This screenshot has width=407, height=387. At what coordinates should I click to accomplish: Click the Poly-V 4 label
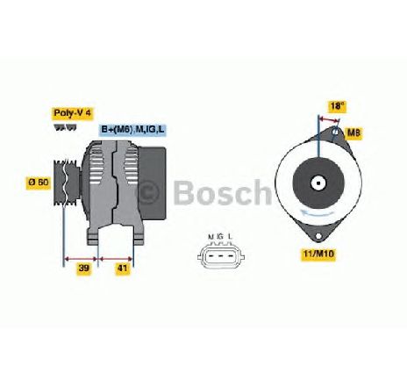click(x=73, y=113)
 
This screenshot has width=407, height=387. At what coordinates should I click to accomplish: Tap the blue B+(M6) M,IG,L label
click(x=132, y=130)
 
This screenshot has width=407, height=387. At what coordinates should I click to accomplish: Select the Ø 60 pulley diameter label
click(x=39, y=183)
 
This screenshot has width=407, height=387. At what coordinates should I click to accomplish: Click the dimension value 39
click(x=84, y=268)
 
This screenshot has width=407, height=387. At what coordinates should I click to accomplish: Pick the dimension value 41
click(x=123, y=268)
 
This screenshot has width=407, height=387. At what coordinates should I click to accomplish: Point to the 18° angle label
click(x=337, y=106)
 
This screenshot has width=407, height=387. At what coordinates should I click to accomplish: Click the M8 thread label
click(x=353, y=133)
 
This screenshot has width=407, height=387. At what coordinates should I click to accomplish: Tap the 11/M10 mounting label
click(x=318, y=254)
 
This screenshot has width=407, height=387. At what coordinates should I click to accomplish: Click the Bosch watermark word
click(x=223, y=192)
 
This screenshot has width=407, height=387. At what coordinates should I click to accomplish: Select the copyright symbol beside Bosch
click(x=149, y=193)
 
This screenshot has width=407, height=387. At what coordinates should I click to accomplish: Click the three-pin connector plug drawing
click(x=221, y=256)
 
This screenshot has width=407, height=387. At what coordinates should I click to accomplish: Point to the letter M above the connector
click(x=211, y=237)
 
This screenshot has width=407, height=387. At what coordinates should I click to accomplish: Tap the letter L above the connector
click(x=231, y=237)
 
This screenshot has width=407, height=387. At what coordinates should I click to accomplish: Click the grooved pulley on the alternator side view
click(x=67, y=183)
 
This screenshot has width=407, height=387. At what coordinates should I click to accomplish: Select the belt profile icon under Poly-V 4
click(x=65, y=127)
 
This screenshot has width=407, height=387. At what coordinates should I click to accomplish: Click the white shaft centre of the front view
click(x=318, y=183)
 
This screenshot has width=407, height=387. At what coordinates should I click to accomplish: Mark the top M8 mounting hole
click(x=336, y=132)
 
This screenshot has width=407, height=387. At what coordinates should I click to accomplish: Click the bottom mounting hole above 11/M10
click(x=318, y=236)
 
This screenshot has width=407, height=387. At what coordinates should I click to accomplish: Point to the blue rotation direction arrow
click(x=318, y=212)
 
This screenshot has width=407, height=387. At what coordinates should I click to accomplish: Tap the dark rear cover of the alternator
click(x=152, y=183)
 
